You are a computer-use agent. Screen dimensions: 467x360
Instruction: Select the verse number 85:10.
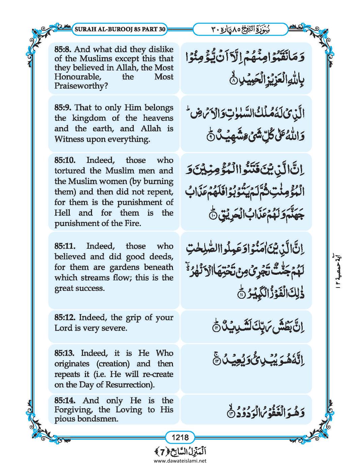[65, 160]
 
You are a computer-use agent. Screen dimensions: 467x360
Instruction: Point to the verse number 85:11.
[65, 246]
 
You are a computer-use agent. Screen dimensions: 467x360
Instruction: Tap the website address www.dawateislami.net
[180, 461]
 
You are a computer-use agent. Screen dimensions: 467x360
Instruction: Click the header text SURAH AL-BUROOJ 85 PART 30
[119, 29]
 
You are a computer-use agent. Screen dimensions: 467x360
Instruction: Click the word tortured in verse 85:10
[68, 171]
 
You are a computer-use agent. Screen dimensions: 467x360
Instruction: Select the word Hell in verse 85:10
[62, 213]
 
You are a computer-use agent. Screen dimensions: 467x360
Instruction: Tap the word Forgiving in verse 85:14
[74, 410]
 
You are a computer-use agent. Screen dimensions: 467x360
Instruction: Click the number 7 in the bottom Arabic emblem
[180, 450]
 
